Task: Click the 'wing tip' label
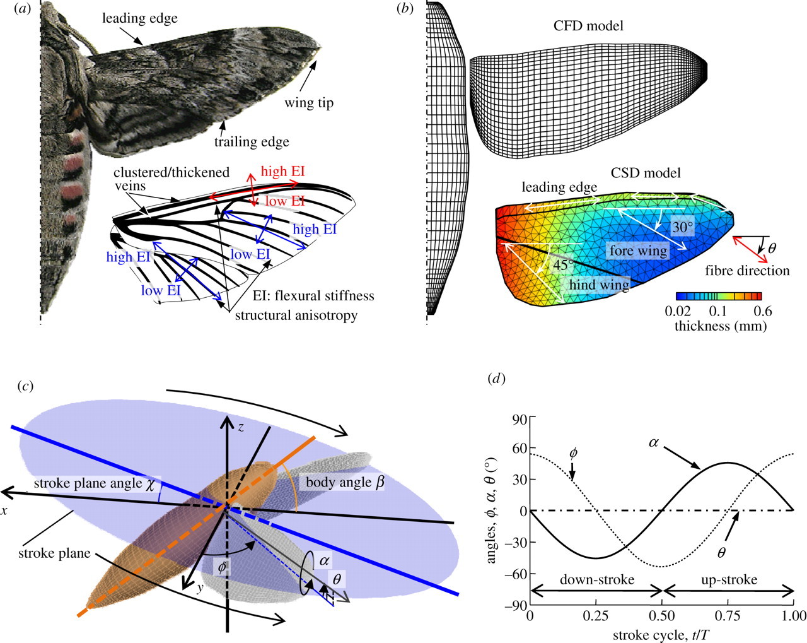coord(308,103)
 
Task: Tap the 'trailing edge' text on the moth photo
coord(252,141)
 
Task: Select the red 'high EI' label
coord(282,172)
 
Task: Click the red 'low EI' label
coord(285,201)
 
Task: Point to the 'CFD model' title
coord(588,26)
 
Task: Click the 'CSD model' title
coord(646,173)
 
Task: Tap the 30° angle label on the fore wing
coord(682,227)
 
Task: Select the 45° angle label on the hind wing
coord(563,266)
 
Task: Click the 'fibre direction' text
coord(747,271)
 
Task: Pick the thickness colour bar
coord(719,296)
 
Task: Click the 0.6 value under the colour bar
coord(762,311)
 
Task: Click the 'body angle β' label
coord(345,483)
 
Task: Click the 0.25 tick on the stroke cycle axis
coord(596,616)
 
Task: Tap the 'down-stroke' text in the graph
coord(596,579)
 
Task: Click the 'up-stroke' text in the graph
coord(729,579)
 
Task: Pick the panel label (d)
coord(497,379)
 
